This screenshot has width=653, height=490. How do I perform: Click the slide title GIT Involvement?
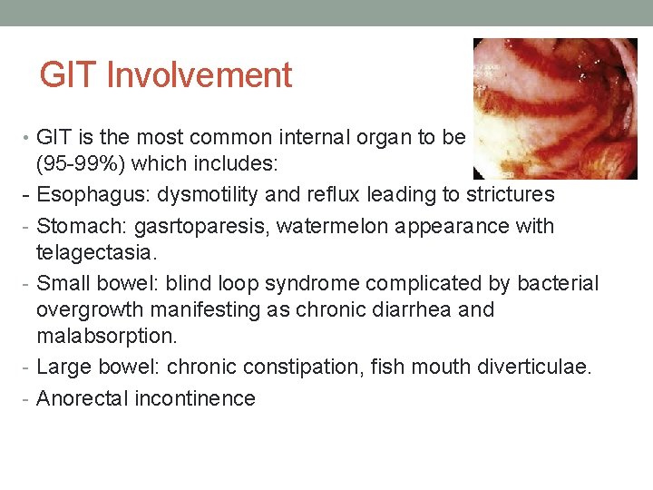pos(165,75)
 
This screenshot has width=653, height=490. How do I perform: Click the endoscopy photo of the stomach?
pos(554,108)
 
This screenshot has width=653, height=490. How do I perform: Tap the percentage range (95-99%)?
pos(82,168)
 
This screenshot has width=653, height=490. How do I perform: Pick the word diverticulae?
pos(536,367)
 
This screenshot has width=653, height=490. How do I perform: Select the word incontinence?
pos(194,398)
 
